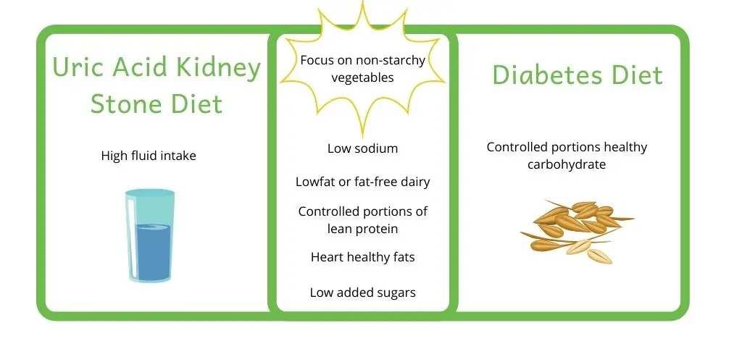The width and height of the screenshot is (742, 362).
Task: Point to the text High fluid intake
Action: (149, 156)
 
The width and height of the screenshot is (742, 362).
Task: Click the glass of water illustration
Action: (149, 236)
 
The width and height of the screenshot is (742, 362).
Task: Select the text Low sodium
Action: (362, 148)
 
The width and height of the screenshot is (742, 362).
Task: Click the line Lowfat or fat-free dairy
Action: (362, 182)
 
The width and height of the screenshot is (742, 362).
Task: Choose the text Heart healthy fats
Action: (362, 257)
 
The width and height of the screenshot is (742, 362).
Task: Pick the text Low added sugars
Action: (362, 292)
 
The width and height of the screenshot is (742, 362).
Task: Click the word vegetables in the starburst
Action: (362, 77)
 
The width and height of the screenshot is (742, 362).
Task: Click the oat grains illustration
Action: (576, 231)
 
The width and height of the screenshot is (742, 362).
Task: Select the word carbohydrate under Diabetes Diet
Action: (567, 165)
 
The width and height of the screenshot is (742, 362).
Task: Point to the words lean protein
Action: (362, 229)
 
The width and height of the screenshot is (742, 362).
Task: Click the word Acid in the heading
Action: (140, 67)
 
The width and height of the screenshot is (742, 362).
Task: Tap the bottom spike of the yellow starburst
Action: (362, 132)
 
